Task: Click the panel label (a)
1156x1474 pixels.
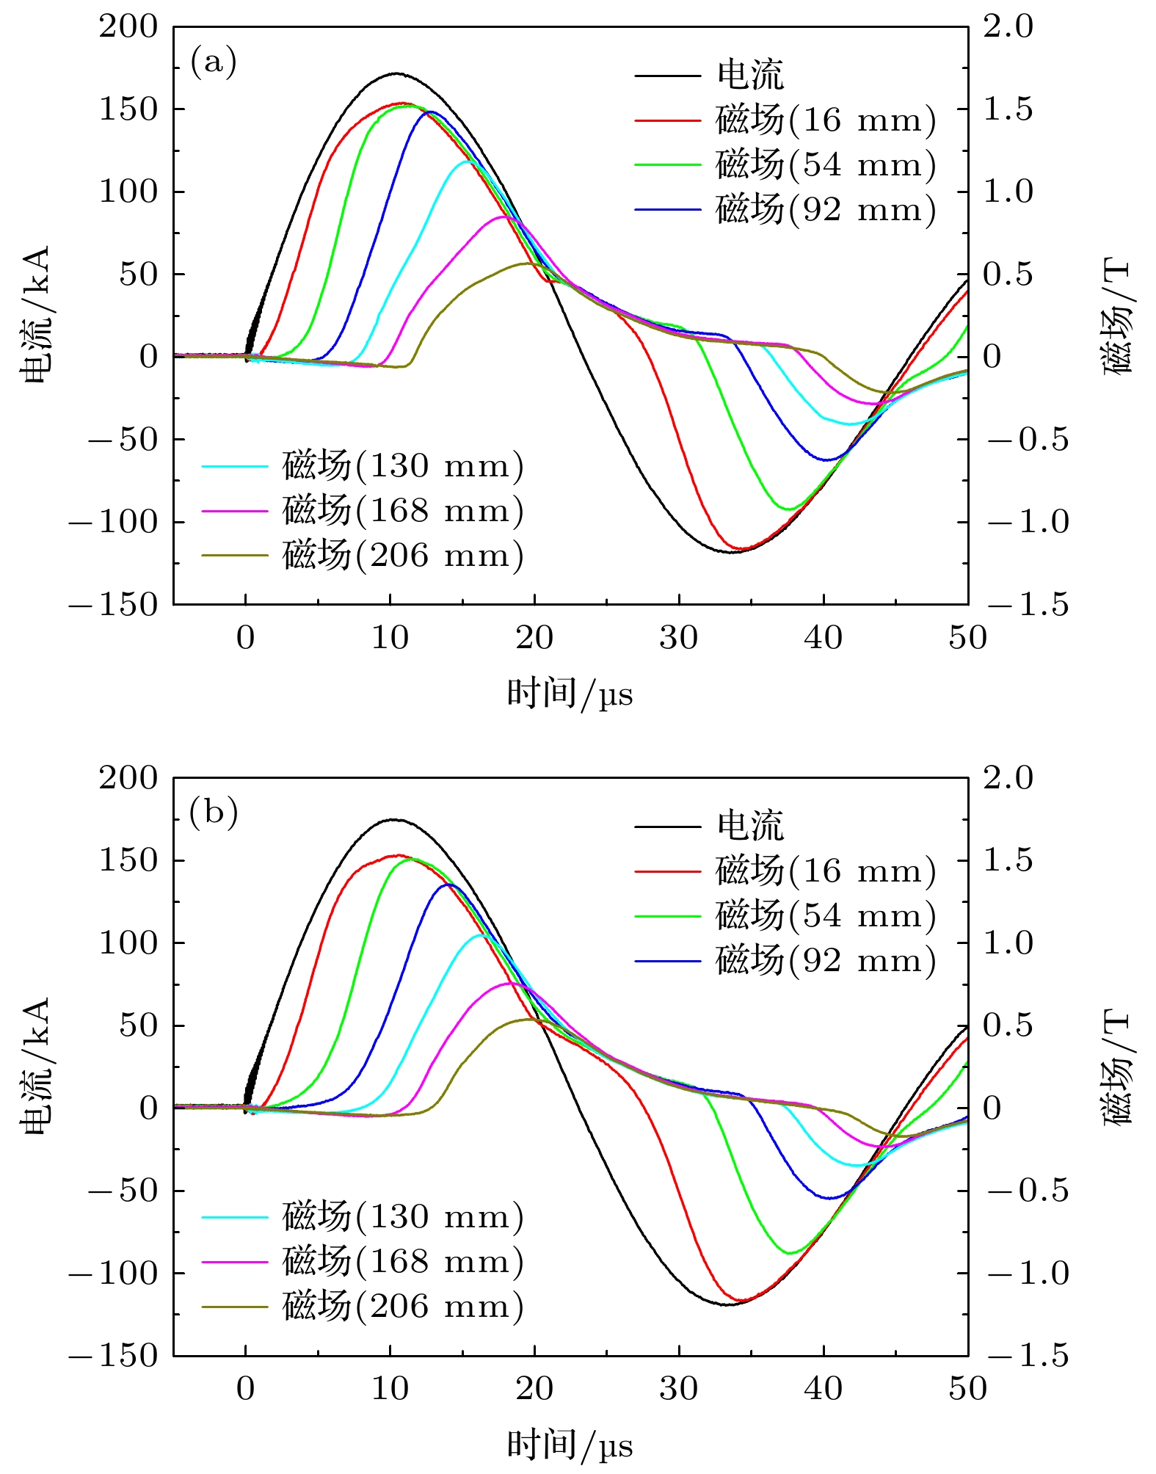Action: [x=214, y=62]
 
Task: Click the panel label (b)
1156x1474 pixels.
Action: [x=214, y=813]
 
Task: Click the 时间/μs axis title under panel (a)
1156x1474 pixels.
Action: [x=570, y=694]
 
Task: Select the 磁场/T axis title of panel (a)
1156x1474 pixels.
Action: [x=1117, y=316]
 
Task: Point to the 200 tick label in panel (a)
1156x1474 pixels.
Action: [x=128, y=27]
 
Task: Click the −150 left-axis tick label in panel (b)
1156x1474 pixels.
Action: [x=114, y=1356]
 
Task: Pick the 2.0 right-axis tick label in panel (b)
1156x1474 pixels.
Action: [x=1008, y=778]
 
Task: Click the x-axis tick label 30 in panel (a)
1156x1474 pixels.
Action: [x=678, y=638]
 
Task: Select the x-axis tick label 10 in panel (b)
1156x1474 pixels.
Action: [x=390, y=1389]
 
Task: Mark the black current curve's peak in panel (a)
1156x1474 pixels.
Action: [x=396, y=73]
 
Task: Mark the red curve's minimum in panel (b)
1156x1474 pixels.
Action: [x=742, y=1300]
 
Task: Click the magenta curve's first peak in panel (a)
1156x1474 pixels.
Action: [x=504, y=217]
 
